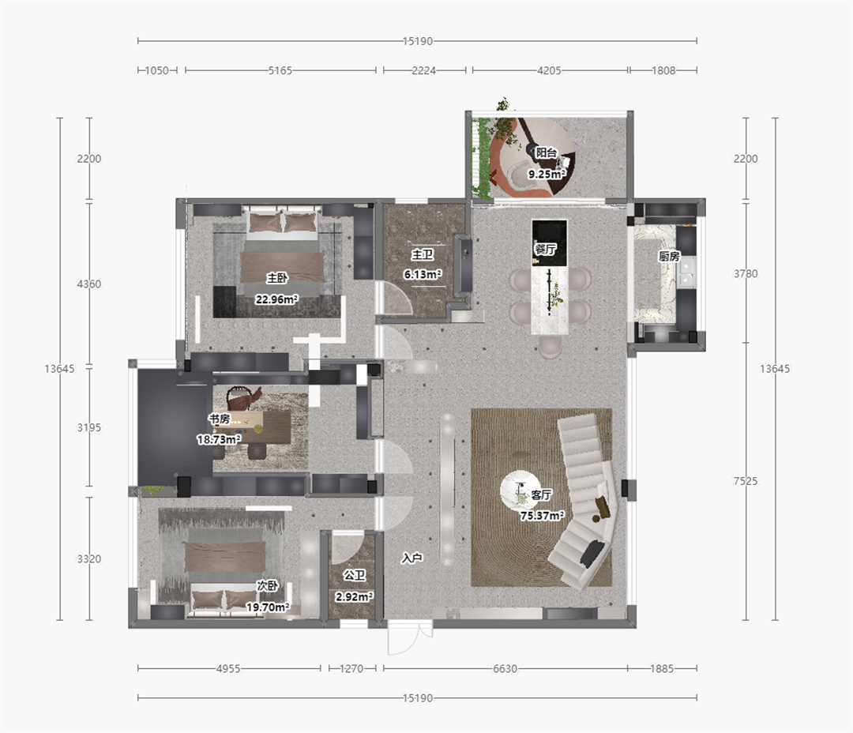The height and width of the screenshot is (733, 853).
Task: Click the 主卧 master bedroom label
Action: click(x=276, y=278)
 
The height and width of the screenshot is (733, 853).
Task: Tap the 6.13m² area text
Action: click(x=422, y=274)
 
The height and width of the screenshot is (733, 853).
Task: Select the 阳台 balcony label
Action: click(x=547, y=153)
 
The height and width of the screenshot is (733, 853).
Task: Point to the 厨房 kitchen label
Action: click(x=669, y=256)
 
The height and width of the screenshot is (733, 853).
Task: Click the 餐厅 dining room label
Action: click(x=545, y=250)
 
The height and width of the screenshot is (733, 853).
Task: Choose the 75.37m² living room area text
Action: click(x=542, y=515)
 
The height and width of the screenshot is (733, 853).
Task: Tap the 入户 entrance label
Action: click(x=411, y=558)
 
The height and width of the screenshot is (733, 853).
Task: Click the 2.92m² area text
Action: click(x=354, y=597)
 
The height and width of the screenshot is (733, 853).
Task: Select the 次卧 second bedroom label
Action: click(x=268, y=585)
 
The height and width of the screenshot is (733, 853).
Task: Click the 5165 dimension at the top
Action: click(x=280, y=70)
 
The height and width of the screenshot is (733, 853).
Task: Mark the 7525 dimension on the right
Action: click(x=746, y=481)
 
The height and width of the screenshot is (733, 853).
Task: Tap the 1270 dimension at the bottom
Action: click(x=351, y=668)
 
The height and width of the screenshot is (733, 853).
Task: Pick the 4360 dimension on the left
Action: click(x=88, y=284)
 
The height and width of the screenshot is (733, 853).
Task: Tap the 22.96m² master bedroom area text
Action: click(x=277, y=299)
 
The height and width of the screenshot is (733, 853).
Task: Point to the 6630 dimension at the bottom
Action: click(x=505, y=668)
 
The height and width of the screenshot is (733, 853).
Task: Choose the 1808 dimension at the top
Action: click(x=663, y=70)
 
